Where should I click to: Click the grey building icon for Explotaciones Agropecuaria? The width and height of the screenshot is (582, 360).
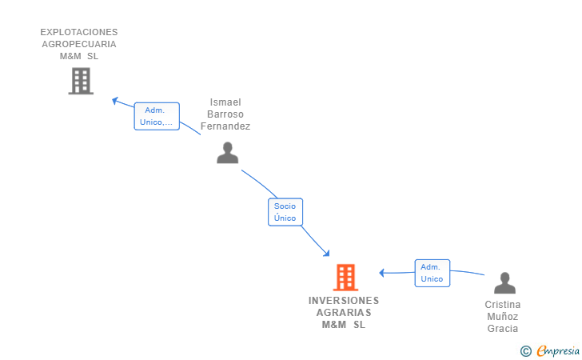(x=81, y=81)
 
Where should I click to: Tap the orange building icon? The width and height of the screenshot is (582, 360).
(x=345, y=277)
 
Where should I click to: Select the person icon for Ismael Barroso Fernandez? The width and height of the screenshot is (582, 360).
(x=228, y=153)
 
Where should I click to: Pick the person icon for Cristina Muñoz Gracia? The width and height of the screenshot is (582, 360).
(x=504, y=282)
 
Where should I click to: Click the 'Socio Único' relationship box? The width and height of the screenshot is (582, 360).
(x=285, y=212)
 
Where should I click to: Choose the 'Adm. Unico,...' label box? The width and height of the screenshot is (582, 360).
(x=157, y=116)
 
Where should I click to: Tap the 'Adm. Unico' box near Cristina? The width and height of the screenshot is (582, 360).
(x=432, y=273)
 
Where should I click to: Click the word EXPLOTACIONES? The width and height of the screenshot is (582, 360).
(x=79, y=32)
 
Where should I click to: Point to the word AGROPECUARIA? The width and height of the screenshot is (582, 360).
(x=79, y=44)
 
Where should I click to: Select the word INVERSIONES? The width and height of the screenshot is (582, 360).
(x=344, y=301)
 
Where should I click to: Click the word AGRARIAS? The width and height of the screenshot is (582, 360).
(x=344, y=313)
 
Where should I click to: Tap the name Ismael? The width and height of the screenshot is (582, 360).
(x=225, y=102)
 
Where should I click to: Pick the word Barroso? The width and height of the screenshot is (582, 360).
(x=225, y=114)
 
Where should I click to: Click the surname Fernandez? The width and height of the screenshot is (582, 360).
(x=225, y=126)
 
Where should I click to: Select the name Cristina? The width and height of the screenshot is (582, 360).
(x=503, y=305)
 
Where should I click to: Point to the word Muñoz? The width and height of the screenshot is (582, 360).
(x=503, y=317)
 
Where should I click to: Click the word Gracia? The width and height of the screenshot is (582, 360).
(x=503, y=329)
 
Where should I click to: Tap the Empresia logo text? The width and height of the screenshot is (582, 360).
(x=558, y=351)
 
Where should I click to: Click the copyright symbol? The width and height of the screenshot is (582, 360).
(x=526, y=351)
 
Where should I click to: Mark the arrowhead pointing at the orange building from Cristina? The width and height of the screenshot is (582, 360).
(x=381, y=273)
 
